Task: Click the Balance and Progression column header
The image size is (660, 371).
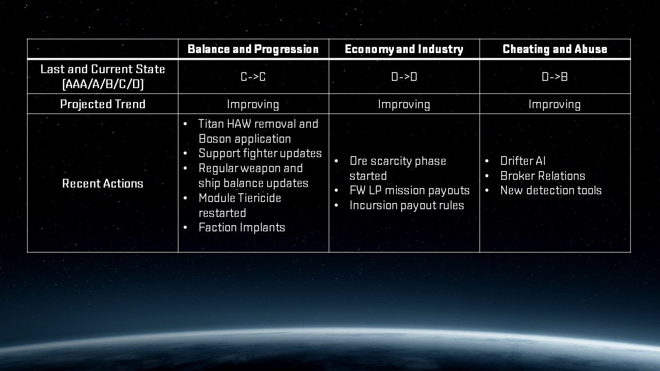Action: (x=253, y=49)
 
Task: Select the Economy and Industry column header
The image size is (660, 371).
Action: (x=404, y=49)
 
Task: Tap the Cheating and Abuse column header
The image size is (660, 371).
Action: (x=555, y=49)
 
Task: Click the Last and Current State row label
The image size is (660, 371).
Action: (x=103, y=77)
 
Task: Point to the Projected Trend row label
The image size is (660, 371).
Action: (x=103, y=104)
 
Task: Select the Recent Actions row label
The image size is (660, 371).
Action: (x=103, y=183)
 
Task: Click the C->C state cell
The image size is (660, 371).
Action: (x=253, y=77)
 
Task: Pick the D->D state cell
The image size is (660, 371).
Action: (x=404, y=77)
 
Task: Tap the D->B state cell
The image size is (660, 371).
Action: (x=554, y=77)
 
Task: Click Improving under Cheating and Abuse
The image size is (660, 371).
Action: (x=554, y=105)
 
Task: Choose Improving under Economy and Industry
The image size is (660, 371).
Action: (x=404, y=105)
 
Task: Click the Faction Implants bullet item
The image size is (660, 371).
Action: (x=242, y=228)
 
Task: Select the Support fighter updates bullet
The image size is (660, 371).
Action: (x=260, y=154)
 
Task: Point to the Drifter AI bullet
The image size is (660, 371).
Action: (x=523, y=161)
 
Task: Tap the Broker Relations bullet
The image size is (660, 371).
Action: (x=542, y=176)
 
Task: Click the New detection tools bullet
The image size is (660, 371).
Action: (x=551, y=191)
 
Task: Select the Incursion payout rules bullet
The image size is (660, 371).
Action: (x=407, y=206)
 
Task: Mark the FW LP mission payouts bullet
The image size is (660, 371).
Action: (x=409, y=191)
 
